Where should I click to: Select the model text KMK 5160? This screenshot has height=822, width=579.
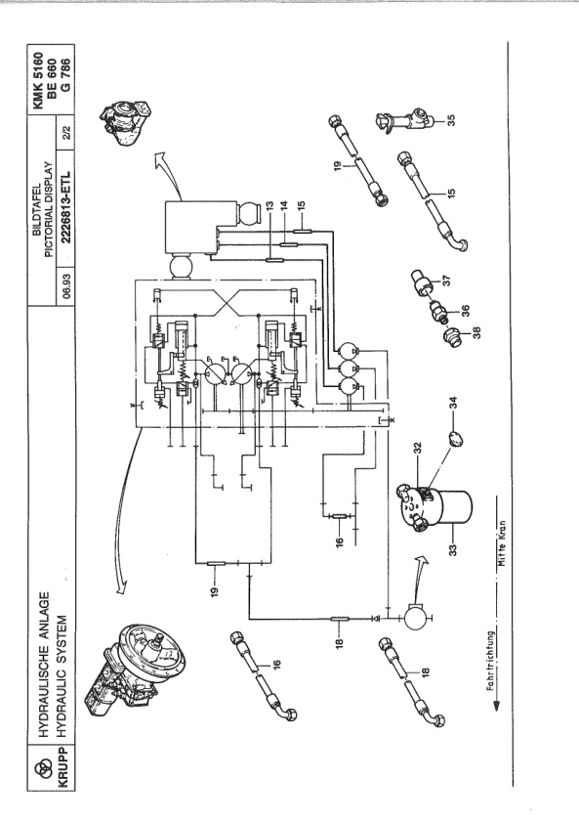point(41,78)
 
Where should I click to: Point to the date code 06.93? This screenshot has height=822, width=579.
point(65,285)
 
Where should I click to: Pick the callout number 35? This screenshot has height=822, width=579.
point(452,120)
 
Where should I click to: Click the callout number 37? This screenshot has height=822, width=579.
point(447,281)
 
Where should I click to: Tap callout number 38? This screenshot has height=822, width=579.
point(476,332)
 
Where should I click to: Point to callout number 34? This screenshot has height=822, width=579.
point(454,402)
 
